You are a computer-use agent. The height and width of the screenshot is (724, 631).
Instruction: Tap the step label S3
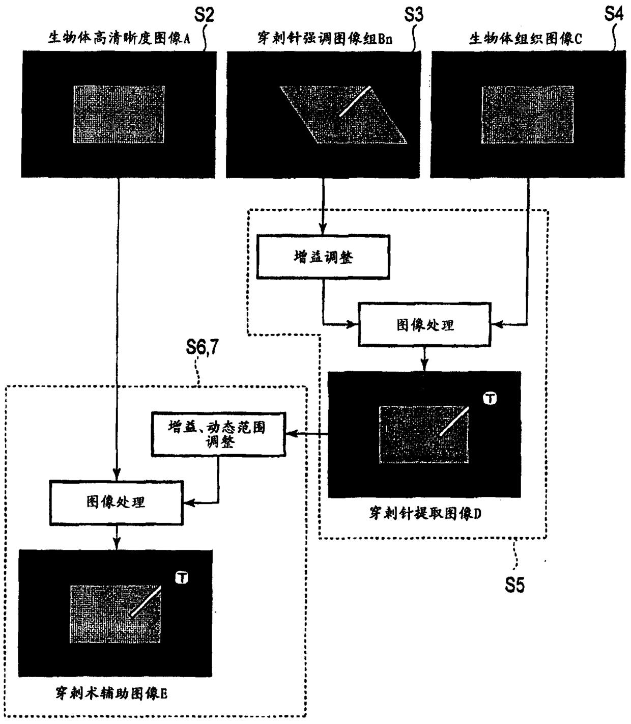pos(413,15)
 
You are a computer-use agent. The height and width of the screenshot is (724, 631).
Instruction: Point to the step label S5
pos(514,585)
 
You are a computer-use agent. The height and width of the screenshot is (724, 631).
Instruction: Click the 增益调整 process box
pos(323,257)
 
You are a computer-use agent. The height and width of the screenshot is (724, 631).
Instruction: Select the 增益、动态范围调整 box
pos(218,434)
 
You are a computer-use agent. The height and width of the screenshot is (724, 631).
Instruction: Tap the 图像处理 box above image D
pos(425,324)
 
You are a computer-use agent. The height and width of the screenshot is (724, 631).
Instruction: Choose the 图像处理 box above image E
pos(116,502)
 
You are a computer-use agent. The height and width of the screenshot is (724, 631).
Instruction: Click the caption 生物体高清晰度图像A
pos(119,38)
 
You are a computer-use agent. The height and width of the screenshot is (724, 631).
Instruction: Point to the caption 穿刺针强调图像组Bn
pos(325,38)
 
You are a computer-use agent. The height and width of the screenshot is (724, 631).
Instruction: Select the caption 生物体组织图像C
pos(525,39)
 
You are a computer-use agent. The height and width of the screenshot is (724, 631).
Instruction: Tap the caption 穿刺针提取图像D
pos(425,513)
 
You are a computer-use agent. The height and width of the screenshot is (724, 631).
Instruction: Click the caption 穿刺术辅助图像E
pos(111,693)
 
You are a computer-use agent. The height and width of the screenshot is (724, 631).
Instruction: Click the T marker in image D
pos(490,399)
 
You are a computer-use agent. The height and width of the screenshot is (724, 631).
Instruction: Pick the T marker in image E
pos(182,577)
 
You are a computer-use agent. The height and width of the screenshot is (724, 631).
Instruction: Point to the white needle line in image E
pos(146,601)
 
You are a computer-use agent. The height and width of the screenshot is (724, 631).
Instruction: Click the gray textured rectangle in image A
pos(119,115)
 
